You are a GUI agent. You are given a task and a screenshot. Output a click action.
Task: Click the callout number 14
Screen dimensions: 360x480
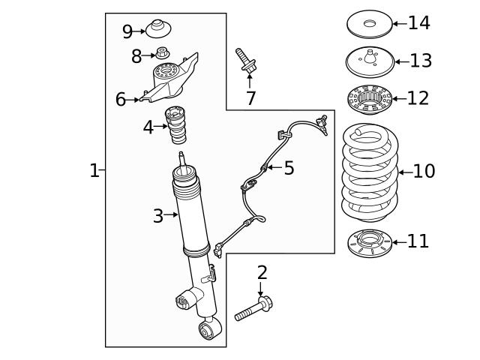(x=418, y=23)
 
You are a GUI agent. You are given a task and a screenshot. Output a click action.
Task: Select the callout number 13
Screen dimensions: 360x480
(x=420, y=61)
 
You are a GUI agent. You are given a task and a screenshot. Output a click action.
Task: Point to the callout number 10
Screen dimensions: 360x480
(x=423, y=171)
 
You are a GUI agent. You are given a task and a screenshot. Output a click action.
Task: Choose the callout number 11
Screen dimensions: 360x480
(x=418, y=241)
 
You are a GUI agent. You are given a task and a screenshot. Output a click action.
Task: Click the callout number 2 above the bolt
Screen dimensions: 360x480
(x=262, y=273)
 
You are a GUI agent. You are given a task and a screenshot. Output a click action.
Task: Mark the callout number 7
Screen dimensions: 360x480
(x=250, y=97)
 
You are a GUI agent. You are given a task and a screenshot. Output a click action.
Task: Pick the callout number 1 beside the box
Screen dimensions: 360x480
(x=94, y=171)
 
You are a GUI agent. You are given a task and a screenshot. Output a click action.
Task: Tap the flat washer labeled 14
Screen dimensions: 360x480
(x=369, y=23)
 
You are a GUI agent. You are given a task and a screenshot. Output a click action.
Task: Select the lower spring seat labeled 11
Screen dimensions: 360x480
(x=370, y=242)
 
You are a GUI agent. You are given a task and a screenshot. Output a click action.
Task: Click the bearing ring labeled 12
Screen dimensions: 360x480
(x=369, y=98)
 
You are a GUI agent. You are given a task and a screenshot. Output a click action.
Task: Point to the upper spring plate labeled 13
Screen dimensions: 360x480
(x=369, y=59)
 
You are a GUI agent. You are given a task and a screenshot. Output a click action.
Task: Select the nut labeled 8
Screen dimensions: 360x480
(x=161, y=54)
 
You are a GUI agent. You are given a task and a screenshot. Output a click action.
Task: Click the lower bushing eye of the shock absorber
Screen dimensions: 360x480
(x=208, y=328)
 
